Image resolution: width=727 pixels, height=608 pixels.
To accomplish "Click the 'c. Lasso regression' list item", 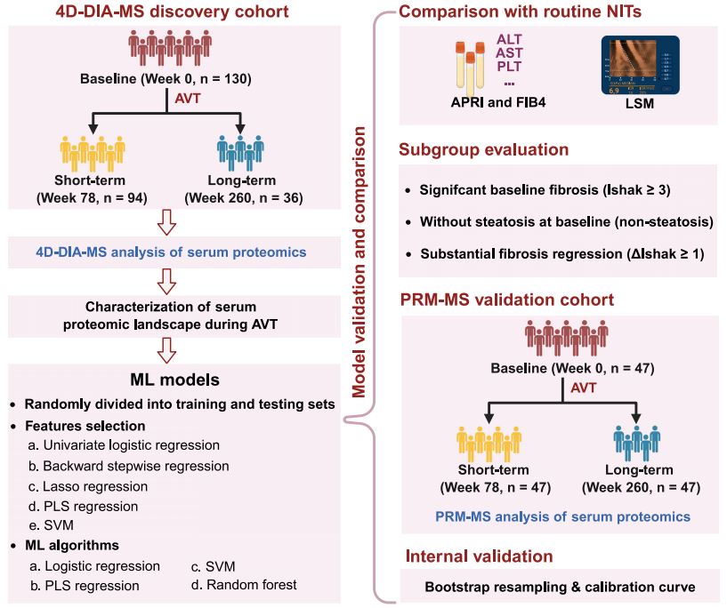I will [x=87, y=486].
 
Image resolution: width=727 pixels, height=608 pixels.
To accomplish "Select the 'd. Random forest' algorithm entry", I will [x=242, y=585].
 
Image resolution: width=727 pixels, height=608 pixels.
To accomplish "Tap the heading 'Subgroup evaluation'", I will [x=484, y=149].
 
